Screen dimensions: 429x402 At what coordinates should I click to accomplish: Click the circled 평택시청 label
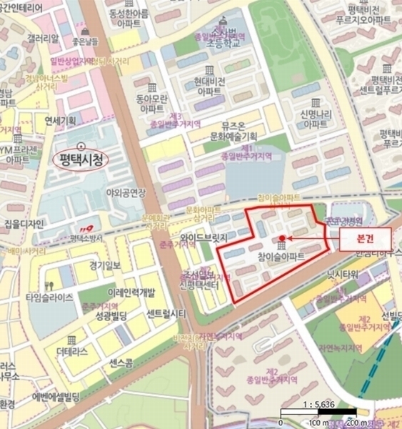[x=80, y=159]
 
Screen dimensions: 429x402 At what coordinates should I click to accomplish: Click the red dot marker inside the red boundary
[x=282, y=238]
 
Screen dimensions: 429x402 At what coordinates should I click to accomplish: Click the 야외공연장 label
[x=126, y=192]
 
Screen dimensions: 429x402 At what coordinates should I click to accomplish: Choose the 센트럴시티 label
[x=166, y=312]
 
